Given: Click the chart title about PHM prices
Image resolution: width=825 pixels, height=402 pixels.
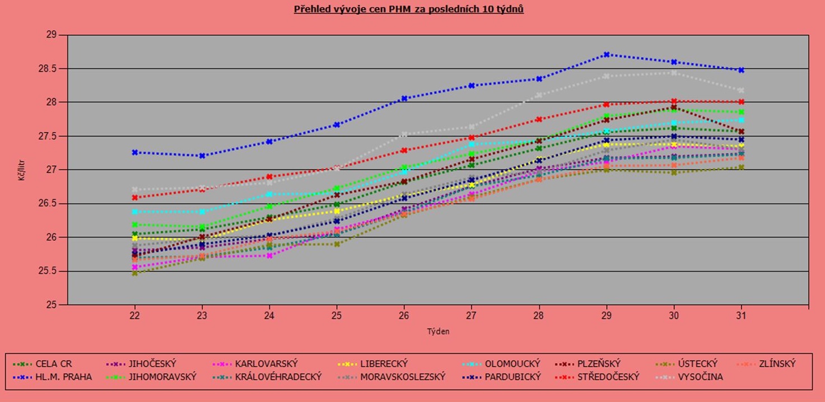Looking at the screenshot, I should pyautogui.click(x=409, y=10).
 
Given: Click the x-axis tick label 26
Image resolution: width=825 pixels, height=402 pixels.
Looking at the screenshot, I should pyautogui.click(x=404, y=316).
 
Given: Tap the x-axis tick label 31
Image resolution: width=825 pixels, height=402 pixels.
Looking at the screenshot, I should pyautogui.click(x=742, y=316).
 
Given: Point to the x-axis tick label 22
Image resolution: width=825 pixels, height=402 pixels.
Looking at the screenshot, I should pyautogui.click(x=134, y=316).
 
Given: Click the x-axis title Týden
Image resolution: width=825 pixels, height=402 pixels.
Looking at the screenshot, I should pyautogui.click(x=438, y=331).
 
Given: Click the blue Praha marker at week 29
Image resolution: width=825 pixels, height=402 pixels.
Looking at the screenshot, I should pyautogui.click(x=607, y=54).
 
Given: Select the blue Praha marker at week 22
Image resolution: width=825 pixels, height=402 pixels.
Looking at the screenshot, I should pyautogui.click(x=134, y=152).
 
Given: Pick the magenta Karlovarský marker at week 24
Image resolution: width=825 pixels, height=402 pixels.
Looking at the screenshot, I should pyautogui.click(x=269, y=255).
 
